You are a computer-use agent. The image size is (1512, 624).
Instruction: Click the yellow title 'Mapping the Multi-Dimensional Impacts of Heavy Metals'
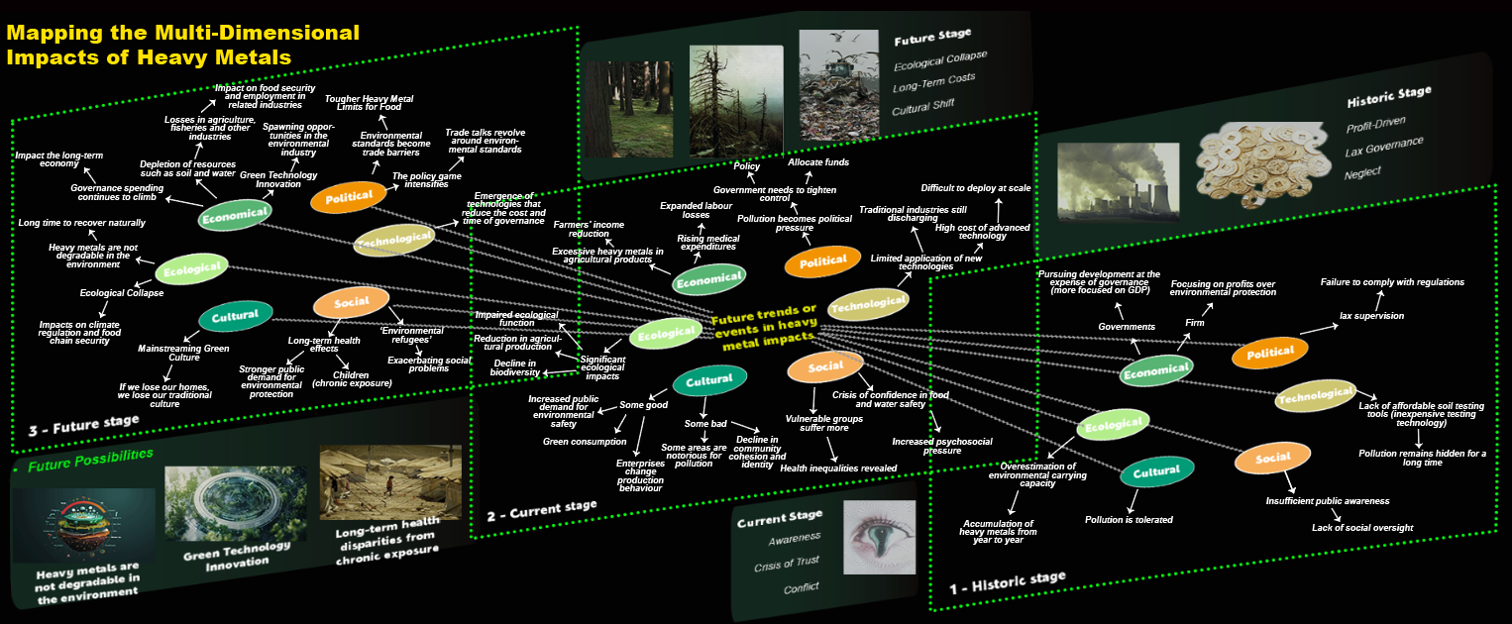tap(183, 46)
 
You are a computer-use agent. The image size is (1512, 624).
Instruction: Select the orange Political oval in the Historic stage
tap(1270, 352)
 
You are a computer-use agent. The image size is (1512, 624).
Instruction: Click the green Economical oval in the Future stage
tap(234, 214)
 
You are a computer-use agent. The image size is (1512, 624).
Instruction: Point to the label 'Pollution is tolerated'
tap(1129, 519)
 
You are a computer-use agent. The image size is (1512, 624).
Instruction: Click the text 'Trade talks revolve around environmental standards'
tap(485, 141)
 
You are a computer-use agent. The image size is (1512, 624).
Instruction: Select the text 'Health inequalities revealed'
tap(838, 468)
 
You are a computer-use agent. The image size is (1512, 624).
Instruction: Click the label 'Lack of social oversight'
tap(1362, 527)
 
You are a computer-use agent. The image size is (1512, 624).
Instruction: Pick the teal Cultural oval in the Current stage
tap(709, 379)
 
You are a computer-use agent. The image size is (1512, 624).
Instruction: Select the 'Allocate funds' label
tap(817, 161)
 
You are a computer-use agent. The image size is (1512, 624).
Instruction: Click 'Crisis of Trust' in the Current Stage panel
tap(787, 563)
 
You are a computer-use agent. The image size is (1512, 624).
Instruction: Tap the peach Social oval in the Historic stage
tap(1272, 458)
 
